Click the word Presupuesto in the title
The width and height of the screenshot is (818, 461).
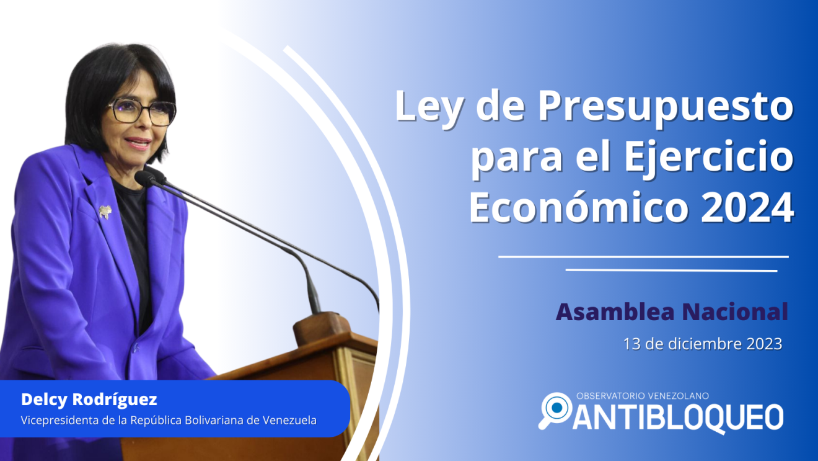coord(666,108)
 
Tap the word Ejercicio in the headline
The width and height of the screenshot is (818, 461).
coord(709,159)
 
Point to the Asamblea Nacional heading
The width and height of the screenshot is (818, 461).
coord(672,312)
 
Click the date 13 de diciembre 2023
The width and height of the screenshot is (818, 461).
coord(703,344)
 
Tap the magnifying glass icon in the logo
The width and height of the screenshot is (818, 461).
coord(555,410)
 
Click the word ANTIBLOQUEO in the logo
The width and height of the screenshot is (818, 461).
coord(678,418)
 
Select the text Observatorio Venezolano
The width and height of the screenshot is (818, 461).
coord(643,396)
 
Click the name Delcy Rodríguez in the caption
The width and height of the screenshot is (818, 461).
coord(89,400)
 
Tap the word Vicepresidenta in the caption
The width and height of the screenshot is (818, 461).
coord(59,421)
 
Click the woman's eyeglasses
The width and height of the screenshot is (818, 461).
coord(143,112)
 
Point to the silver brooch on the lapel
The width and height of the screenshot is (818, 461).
coord(105,212)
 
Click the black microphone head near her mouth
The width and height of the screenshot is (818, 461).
coord(146,179)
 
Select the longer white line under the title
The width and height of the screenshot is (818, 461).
coord(643,257)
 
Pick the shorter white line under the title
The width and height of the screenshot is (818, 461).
coord(671,271)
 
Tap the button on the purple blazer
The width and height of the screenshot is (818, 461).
coord(136,349)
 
